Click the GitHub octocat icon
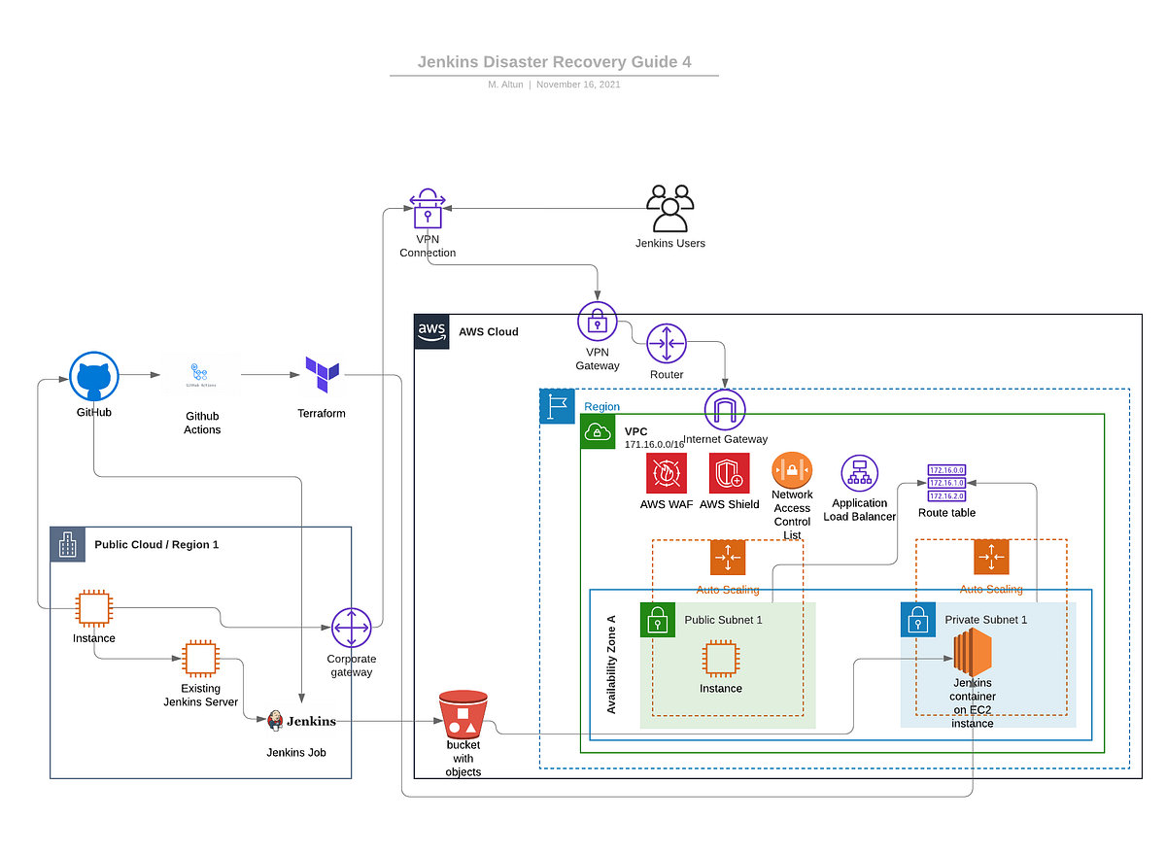tap(94, 376)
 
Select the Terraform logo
tap(322, 374)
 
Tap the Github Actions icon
tap(202, 375)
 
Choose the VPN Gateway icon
tap(598, 322)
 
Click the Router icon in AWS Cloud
tap(667, 344)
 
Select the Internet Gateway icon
tap(724, 410)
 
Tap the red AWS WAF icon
tap(667, 473)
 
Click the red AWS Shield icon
tap(729, 473)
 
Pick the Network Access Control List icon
tap(792, 470)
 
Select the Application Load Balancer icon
tap(859, 473)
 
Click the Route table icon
tap(946, 483)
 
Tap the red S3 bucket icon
tap(463, 714)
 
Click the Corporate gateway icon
tap(351, 629)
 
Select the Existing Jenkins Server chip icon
tap(200, 659)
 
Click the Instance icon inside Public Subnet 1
tap(720, 659)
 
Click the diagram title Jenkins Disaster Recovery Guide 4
tap(554, 62)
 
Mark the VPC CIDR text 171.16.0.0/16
tap(654, 444)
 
